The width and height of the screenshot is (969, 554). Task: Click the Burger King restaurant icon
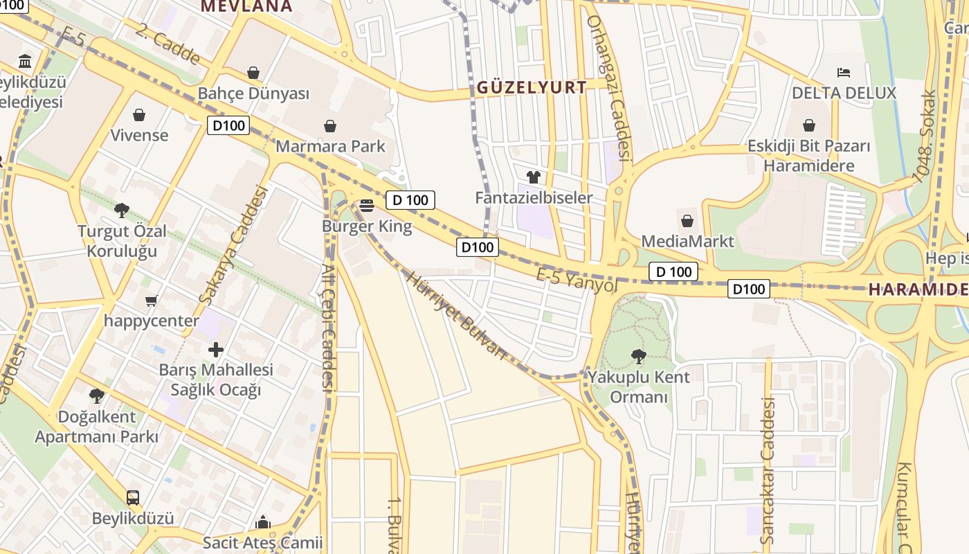[367, 205]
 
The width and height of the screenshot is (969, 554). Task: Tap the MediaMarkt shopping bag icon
[687, 221]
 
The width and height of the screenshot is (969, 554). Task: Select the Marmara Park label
[330, 147]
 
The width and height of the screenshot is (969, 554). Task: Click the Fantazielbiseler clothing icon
[533, 177]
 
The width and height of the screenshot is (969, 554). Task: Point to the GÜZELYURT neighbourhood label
[532, 87]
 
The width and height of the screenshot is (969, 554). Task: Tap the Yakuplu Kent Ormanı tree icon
[638, 357]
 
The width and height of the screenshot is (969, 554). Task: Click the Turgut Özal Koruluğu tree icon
[122, 210]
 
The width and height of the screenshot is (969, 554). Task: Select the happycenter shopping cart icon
[152, 301]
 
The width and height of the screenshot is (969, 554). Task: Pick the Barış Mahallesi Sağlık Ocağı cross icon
[216, 350]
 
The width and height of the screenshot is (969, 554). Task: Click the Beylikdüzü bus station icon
[133, 497]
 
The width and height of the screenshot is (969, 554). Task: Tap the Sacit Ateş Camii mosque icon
[263, 521]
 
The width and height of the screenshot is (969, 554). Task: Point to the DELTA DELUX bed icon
[844, 72]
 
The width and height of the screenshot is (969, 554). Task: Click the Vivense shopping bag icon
[139, 115]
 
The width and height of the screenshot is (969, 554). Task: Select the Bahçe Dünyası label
[253, 93]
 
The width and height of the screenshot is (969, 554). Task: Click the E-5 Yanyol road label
[577, 280]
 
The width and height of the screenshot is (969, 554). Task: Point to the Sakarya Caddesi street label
[233, 244]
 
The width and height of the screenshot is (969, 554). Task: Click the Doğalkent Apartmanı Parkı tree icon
[97, 396]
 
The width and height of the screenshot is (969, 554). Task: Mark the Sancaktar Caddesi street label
[767, 471]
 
